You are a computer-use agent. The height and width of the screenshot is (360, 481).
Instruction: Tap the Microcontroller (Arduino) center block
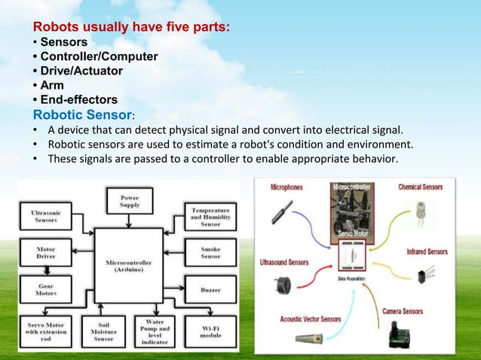128,267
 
